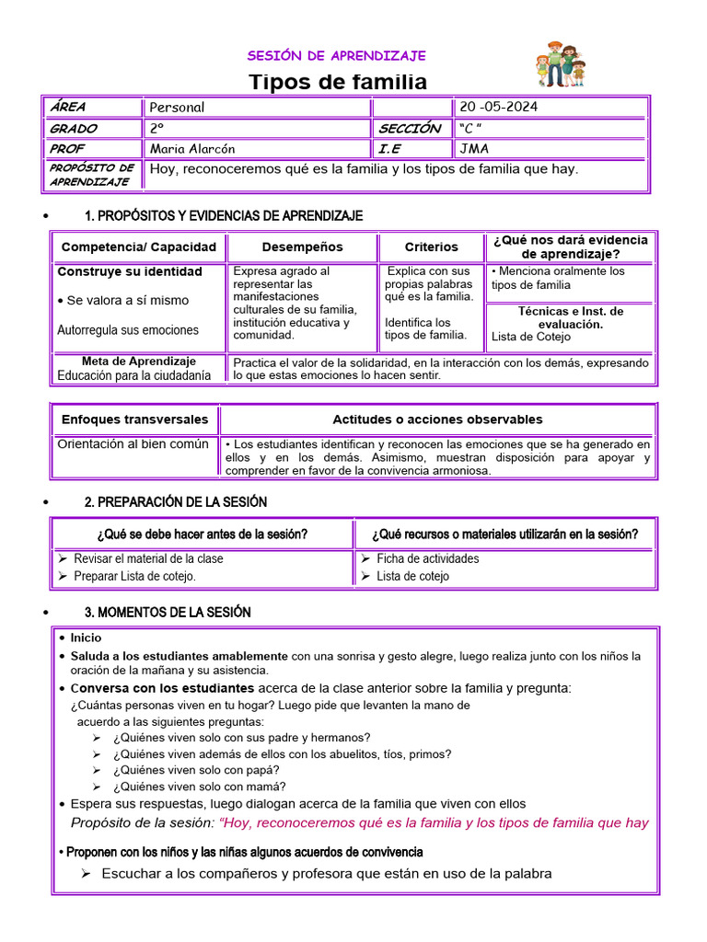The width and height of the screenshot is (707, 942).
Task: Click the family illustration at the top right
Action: coord(561,64)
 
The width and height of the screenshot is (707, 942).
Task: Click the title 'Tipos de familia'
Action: coord(339,82)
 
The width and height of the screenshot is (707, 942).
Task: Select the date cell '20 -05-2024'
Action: coord(498,107)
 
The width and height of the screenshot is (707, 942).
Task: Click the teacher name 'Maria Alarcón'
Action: coord(192,149)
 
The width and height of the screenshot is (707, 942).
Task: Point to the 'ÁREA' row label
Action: coord(68,107)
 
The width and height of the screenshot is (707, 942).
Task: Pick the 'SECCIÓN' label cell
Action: coord(410,129)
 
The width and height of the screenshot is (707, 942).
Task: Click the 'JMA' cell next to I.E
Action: coord(474,149)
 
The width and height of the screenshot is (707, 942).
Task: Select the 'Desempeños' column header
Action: coord(302,247)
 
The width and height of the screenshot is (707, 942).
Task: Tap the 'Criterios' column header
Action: coord(431,247)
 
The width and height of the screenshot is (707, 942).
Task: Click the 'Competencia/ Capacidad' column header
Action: coord(139,247)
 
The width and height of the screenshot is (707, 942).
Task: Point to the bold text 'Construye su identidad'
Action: coord(130,271)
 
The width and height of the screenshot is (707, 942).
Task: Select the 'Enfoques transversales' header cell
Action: coord(134,419)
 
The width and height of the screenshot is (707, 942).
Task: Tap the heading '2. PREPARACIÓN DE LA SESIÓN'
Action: coord(176,502)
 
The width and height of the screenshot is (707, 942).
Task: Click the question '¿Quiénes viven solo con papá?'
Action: coord(196,770)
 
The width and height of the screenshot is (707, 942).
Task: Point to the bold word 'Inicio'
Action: coord(87,638)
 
